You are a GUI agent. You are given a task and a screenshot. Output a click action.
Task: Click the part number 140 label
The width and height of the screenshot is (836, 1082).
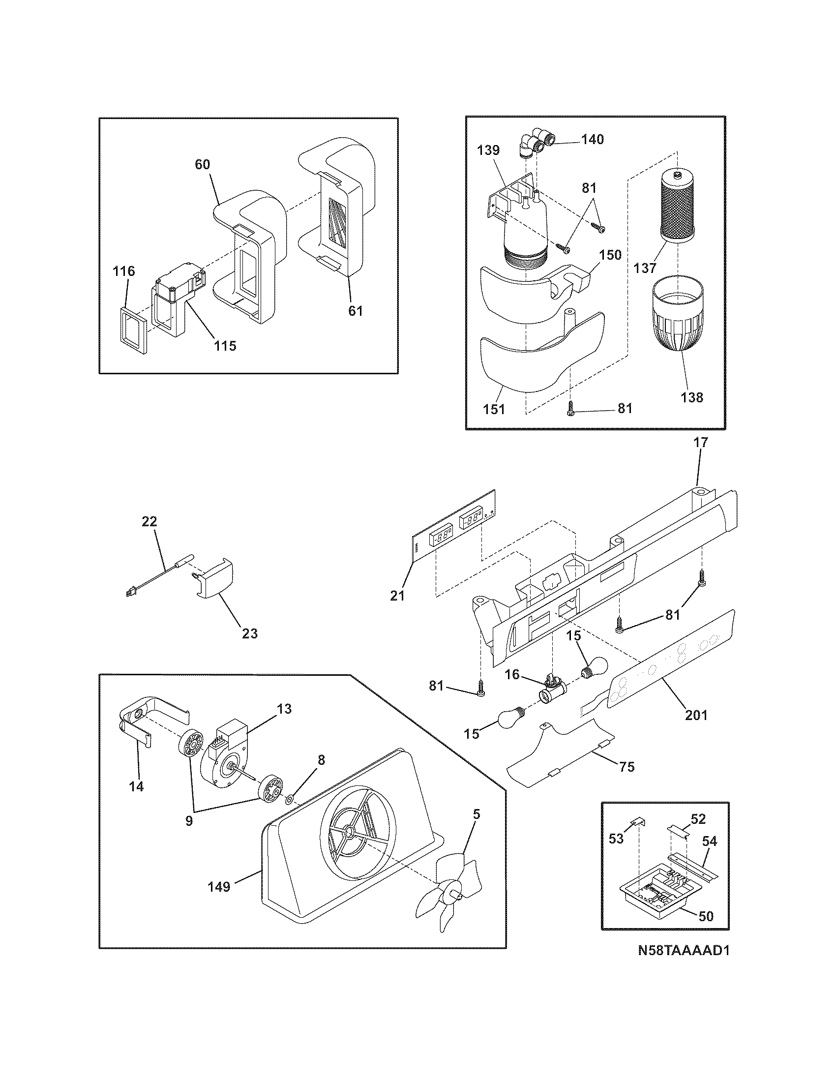(593, 140)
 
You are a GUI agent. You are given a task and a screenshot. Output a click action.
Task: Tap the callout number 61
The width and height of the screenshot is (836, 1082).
(355, 311)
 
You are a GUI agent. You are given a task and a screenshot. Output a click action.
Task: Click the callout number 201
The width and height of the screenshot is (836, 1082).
(696, 715)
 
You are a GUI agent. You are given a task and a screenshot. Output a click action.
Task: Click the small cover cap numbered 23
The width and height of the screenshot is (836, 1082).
(216, 580)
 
